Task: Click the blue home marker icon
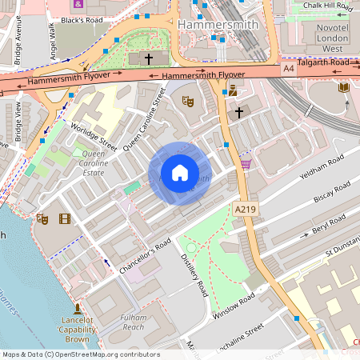point(179,172)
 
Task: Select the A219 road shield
point(246,208)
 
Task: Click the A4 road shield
point(288,70)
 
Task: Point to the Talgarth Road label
point(323,62)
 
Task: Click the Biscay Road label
point(330,193)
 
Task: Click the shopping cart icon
point(246,163)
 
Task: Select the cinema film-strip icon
point(64,218)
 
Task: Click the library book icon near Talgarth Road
point(344,87)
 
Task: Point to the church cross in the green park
point(147,59)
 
